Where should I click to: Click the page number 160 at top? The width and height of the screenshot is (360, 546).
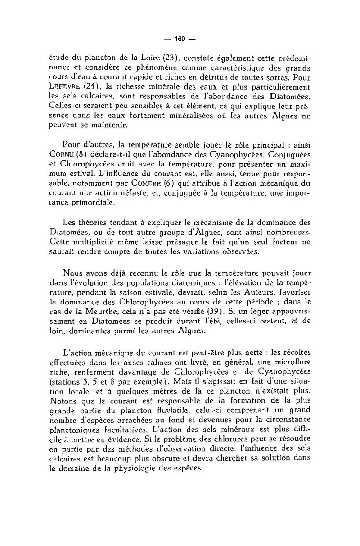(x=180, y=39)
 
